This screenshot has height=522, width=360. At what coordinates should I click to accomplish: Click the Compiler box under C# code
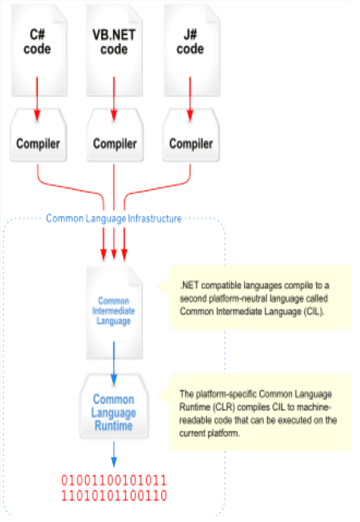[x=38, y=143]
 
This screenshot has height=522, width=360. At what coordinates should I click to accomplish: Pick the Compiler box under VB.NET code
[x=114, y=143]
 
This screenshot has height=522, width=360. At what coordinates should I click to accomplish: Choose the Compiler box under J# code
[x=190, y=143]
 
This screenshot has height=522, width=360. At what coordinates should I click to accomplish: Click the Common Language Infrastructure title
[x=114, y=219]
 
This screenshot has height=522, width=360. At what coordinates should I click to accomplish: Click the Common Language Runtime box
[x=114, y=412]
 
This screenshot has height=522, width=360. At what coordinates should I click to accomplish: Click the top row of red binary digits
[x=114, y=480]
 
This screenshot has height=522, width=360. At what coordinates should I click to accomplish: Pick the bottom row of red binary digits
[x=114, y=496]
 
